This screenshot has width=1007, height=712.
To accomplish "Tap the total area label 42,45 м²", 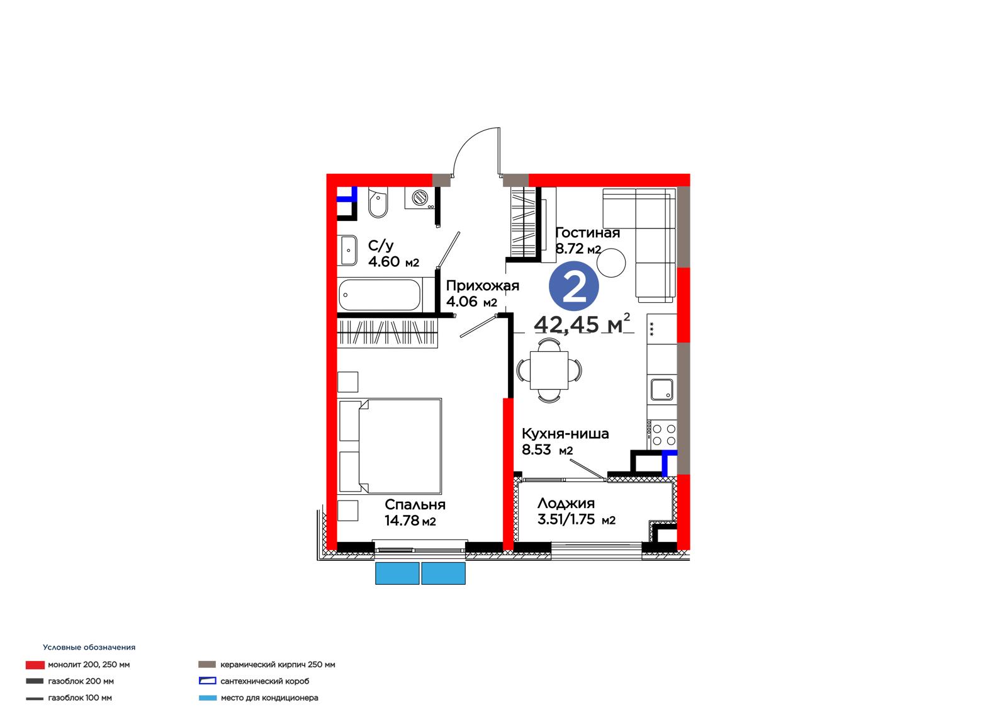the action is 582,324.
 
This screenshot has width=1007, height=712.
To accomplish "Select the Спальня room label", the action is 415,505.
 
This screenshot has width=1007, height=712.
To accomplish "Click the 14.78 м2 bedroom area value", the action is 410,521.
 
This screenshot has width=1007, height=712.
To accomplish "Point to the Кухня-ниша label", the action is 565,434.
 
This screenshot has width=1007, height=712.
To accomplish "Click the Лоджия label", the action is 566,503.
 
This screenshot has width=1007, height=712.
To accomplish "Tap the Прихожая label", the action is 482,286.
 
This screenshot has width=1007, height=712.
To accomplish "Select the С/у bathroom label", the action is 381,246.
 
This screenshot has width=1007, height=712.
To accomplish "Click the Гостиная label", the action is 588,232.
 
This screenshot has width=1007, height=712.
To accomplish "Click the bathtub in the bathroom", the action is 380,295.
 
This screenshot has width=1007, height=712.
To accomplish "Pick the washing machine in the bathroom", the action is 420,198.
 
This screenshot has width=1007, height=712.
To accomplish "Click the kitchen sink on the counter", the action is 661,390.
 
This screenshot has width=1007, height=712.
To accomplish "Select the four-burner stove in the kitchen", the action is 662,435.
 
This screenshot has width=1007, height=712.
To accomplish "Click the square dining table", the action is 549,370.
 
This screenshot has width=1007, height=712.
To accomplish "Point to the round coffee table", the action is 611,263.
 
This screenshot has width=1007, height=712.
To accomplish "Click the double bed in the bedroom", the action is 390,446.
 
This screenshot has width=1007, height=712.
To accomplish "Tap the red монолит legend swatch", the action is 35,665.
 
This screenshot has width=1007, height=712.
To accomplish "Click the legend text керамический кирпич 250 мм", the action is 278,664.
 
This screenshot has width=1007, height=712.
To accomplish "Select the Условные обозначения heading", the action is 89,647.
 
